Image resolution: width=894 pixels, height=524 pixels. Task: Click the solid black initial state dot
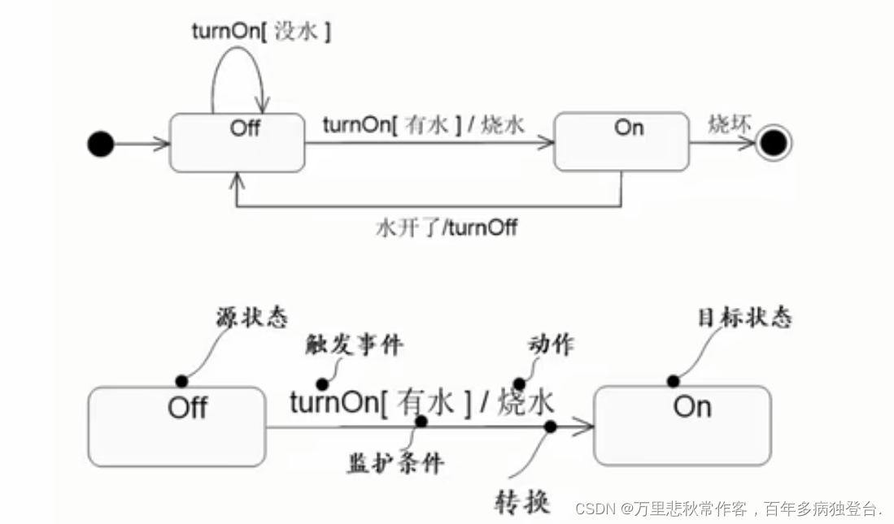coord(100,145)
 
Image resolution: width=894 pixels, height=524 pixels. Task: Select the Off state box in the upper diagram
coord(238,144)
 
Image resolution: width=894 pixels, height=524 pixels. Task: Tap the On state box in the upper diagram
coord(621,142)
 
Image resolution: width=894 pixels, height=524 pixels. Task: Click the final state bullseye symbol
coord(772,145)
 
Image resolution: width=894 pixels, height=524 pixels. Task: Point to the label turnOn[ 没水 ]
coord(261,32)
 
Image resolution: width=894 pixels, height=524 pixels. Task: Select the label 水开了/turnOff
coord(446,227)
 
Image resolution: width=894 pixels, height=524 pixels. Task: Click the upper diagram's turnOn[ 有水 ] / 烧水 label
coord(424,125)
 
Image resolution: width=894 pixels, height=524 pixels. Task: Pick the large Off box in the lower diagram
coord(177,427)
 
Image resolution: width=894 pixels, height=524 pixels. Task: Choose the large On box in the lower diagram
coord(682,425)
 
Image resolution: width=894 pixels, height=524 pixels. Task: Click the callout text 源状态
coord(252,318)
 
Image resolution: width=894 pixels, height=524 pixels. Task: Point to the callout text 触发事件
coord(354,345)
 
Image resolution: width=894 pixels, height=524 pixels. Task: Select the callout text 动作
coord(551,344)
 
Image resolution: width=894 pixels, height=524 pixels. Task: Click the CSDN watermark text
coord(728,509)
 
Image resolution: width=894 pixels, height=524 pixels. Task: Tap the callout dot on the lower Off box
coord(181,381)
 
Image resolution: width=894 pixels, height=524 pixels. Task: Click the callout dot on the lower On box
coord(673,381)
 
